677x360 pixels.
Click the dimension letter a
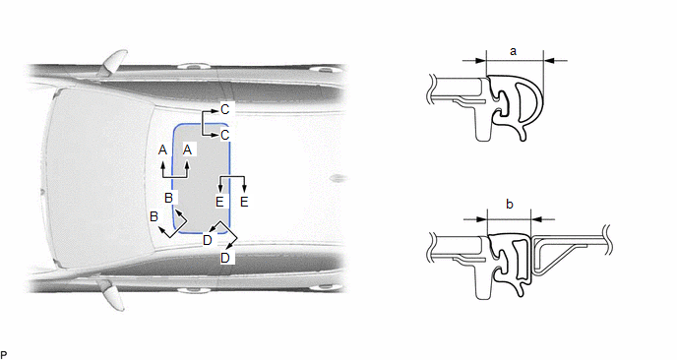[x=513, y=51]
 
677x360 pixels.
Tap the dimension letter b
[x=510, y=204]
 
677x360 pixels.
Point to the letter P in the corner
[x=4, y=355]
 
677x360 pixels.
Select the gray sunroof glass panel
[x=201, y=179]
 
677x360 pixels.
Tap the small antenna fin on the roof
[x=338, y=178]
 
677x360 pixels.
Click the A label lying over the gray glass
[x=187, y=150]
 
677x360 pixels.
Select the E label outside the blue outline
[x=244, y=202]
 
